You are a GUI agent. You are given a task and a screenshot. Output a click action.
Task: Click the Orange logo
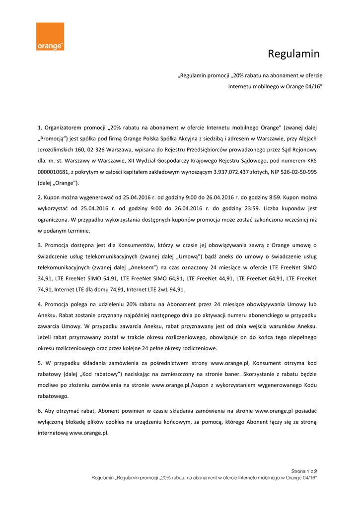(50, 36)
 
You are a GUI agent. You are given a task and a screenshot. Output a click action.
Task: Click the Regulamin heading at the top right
(293, 54)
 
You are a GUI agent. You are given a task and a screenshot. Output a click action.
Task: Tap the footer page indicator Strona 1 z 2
(304, 471)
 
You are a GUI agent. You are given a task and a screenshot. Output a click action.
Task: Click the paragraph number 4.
(39, 304)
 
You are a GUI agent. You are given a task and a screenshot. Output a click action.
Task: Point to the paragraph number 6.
(39, 411)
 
